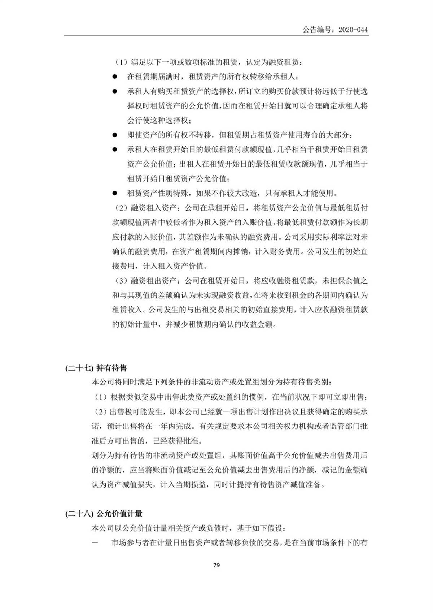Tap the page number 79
(x=216, y=565)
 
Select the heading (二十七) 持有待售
(x=96, y=368)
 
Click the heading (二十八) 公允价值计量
(x=104, y=513)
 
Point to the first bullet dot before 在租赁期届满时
(x=115, y=77)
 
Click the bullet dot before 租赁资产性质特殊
(x=115, y=193)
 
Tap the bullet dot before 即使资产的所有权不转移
(x=115, y=135)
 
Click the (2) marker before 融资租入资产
(x=121, y=208)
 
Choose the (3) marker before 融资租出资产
(x=121, y=281)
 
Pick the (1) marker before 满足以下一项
(x=121, y=62)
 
